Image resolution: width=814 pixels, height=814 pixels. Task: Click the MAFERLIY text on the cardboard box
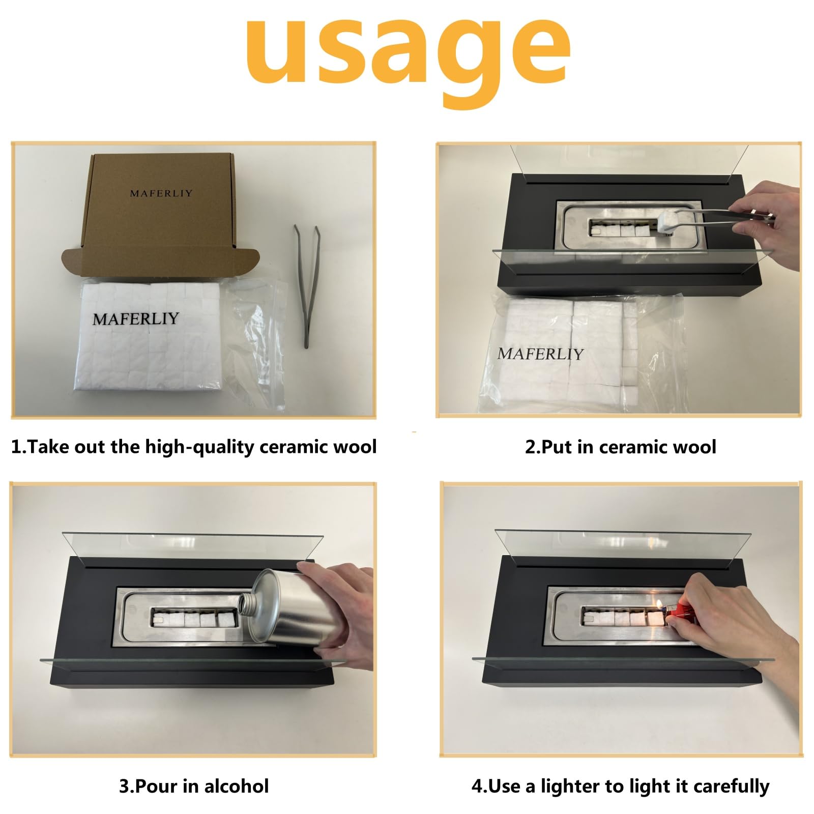click(161, 193)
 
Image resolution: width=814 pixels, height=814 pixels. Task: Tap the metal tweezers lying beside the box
click(306, 286)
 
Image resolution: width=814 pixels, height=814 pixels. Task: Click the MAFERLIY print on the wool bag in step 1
click(136, 318)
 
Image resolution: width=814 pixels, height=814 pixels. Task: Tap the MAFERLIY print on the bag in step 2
click(540, 354)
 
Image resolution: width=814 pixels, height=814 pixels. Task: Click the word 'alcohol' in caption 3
click(237, 786)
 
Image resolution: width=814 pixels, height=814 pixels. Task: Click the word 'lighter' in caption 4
click(570, 787)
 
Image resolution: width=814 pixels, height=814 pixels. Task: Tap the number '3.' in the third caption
click(125, 786)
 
